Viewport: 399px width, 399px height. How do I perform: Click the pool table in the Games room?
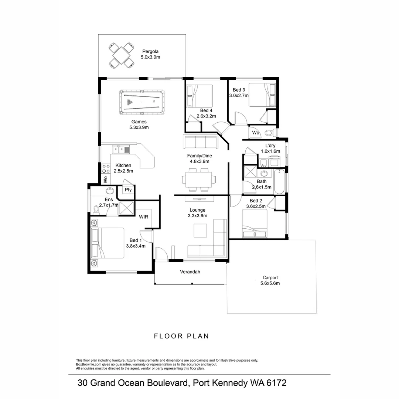[142, 102]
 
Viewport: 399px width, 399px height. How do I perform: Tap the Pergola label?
[150, 51]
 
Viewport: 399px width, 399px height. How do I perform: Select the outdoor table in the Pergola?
[121, 55]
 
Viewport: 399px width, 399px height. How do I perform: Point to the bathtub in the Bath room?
[279, 181]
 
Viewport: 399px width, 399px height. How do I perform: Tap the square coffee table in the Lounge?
[201, 231]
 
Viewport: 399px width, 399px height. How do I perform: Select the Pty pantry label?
[128, 190]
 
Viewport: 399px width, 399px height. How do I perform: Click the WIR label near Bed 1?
[144, 217]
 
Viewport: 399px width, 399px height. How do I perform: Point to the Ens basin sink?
[110, 191]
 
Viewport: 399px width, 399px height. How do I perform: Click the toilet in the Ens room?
[97, 210]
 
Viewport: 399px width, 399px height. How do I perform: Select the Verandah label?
[190, 272]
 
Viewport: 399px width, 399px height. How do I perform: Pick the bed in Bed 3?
[262, 95]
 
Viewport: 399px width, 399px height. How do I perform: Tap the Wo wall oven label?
[105, 180]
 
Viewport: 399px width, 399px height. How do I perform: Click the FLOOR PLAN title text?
[181, 336]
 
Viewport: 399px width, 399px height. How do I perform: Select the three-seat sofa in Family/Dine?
[200, 141]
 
